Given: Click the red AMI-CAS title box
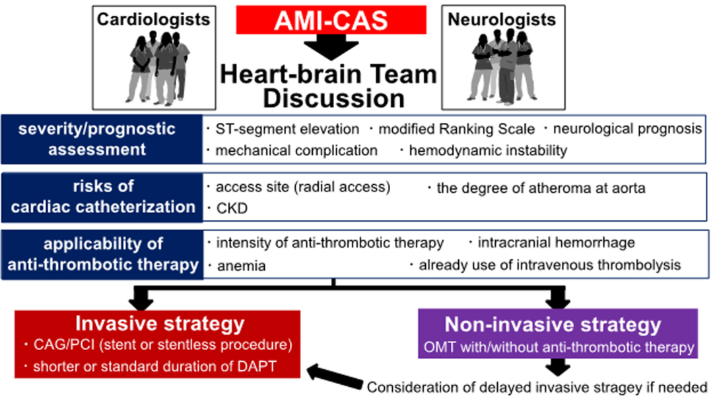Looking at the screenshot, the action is point(331,20).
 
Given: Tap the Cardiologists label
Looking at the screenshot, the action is point(154,20).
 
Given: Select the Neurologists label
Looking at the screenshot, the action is point(502,20).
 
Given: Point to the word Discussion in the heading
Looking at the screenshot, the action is point(334,98).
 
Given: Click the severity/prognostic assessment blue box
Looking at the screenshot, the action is point(102,139).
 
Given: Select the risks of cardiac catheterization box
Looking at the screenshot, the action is point(102,197).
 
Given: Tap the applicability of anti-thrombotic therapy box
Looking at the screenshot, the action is point(102,254).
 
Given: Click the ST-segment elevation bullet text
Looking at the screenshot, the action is point(287,129).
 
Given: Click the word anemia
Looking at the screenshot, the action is point(242,265).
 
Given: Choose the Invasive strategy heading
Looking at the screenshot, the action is point(160,323).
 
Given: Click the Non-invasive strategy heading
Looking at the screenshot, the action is point(553,324).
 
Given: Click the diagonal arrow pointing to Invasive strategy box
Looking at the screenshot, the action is point(335,377).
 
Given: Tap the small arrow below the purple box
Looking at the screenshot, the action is point(558,367).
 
